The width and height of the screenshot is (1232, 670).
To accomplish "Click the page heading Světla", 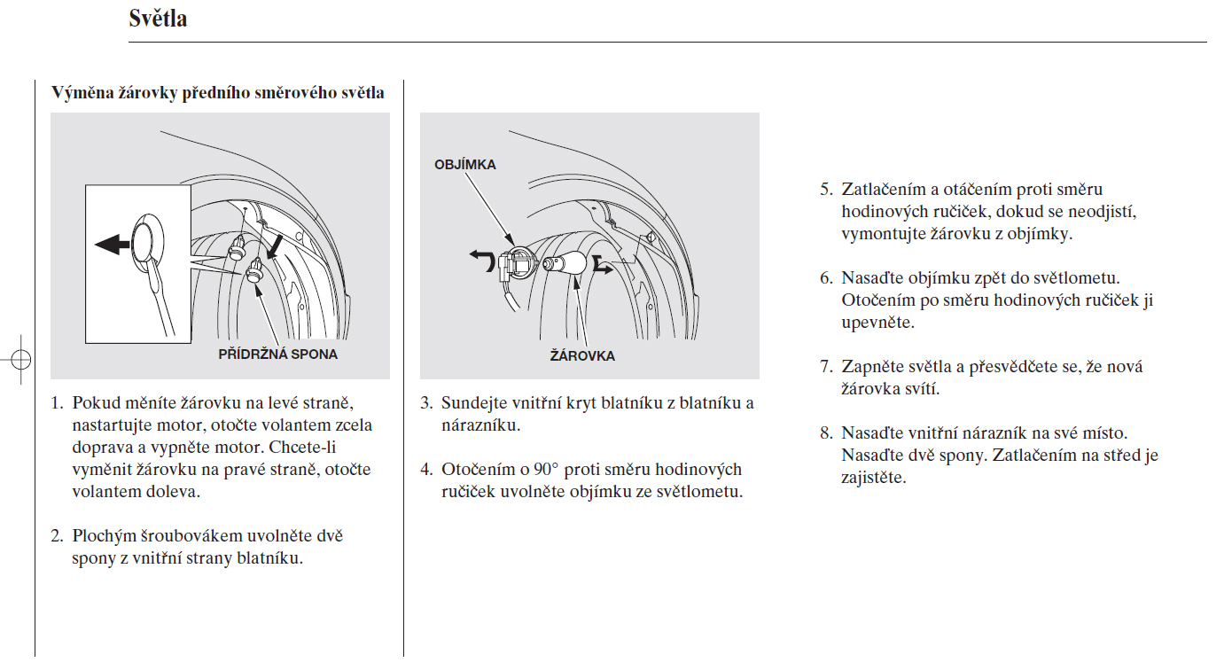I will pos(158,19).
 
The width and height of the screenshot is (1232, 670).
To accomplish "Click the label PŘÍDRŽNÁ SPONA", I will pos(278,354).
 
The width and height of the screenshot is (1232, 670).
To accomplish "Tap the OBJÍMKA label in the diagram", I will pos(464,165).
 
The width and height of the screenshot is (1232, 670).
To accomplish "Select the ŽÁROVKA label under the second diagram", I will pos(582,356).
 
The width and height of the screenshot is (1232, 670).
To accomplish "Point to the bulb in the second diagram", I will pos(567,263).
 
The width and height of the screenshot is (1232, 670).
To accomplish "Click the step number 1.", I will pos(56,403).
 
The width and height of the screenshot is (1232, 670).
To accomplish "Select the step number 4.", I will pos(425,470).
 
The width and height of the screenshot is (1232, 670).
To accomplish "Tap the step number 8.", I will pos(825,433).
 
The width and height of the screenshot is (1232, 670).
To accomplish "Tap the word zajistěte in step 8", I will pos(874,478).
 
